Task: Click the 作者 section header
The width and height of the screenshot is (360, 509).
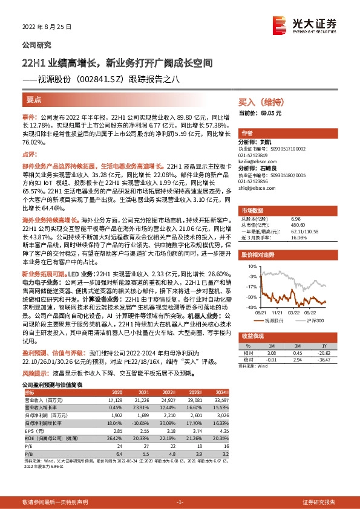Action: click(x=247, y=132)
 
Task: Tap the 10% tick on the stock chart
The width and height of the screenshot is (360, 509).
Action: click(x=252, y=265)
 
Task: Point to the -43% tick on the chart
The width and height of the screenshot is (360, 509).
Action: click(x=250, y=308)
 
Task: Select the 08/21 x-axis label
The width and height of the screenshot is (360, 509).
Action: click(x=261, y=313)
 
